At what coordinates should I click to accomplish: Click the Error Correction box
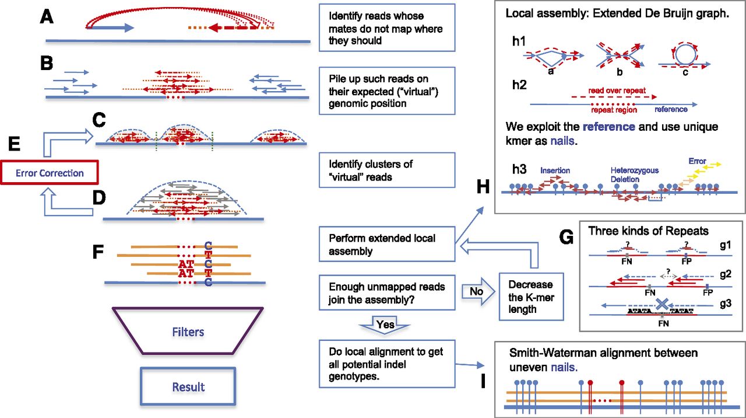[x=49, y=173]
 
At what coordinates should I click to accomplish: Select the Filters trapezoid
[x=188, y=332]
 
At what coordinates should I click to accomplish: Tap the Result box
[x=188, y=386]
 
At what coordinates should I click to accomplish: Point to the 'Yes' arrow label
[x=386, y=325]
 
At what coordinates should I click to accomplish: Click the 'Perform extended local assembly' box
[x=387, y=245]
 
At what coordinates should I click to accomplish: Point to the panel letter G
[x=566, y=237]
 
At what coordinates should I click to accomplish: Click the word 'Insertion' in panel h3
[x=555, y=170]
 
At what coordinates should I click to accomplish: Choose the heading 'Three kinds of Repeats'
[x=648, y=231]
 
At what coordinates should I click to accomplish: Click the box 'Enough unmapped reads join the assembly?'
[x=387, y=293]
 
